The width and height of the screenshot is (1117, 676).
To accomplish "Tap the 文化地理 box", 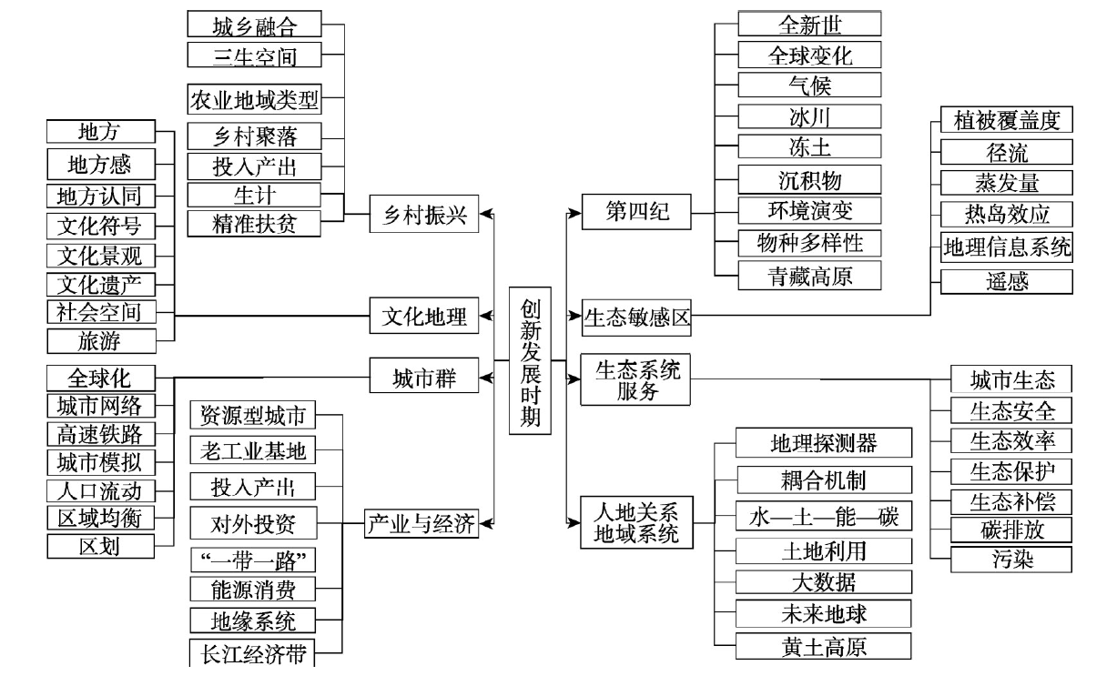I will tap(424, 317).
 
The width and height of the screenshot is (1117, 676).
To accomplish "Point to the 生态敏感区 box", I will tap(637, 317).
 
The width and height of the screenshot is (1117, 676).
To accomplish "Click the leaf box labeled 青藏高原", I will tap(809, 275).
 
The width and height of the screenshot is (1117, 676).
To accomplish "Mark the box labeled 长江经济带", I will tap(254, 652).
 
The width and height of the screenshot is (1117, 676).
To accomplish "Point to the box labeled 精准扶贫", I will tap(254, 222).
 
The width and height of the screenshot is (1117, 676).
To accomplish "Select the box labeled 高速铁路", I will tap(100, 433).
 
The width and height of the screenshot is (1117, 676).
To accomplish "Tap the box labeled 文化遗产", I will tap(100, 284).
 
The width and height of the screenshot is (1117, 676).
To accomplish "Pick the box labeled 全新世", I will tap(809, 23).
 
